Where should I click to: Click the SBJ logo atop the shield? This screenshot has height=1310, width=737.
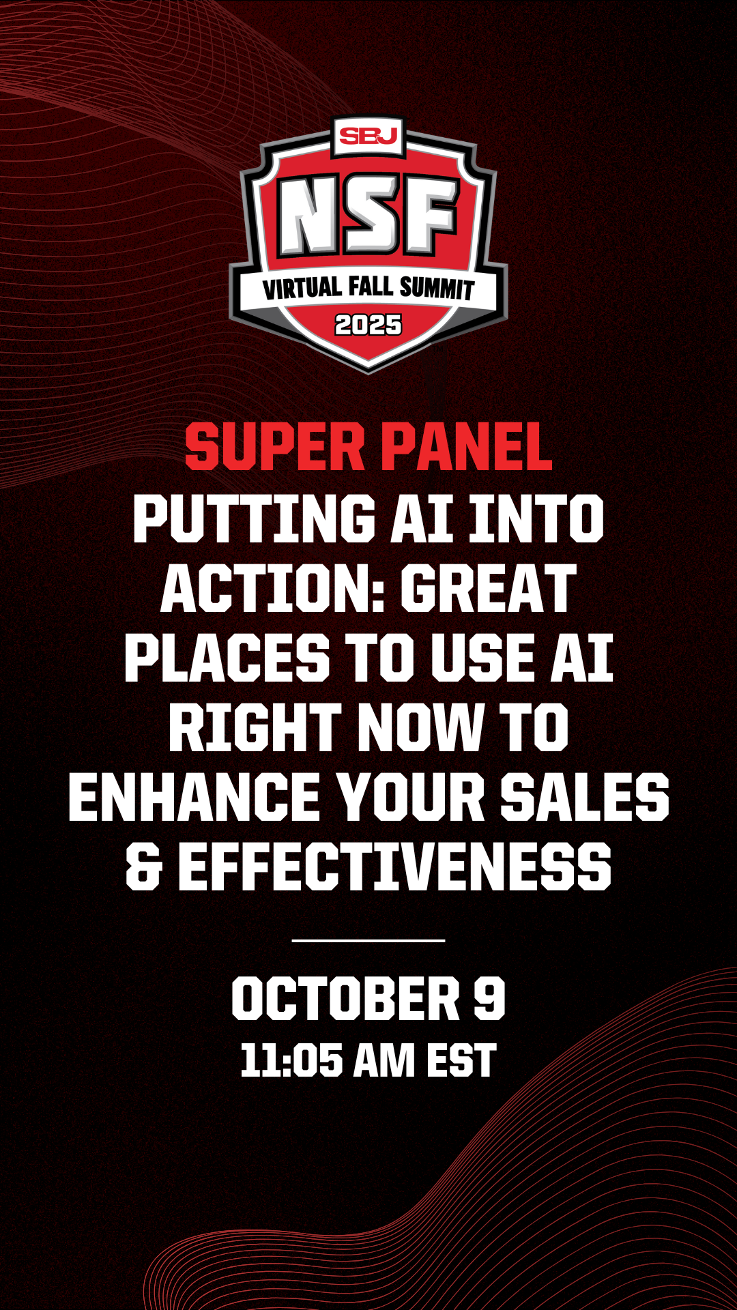[x=369, y=136]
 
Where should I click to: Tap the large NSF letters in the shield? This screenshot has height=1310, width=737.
[x=369, y=216]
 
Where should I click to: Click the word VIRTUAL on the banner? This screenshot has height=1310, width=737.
[x=302, y=288]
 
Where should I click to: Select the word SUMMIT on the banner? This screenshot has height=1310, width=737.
[x=437, y=288]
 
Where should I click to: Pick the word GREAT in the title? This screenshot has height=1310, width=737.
[x=489, y=589]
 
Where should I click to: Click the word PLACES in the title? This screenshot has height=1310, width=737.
[x=227, y=658]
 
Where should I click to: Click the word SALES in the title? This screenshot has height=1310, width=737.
[x=585, y=798]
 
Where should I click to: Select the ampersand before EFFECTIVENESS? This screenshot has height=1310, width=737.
[x=143, y=867]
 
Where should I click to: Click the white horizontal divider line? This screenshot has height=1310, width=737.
[x=369, y=940]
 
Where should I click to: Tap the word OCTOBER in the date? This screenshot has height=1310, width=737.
[x=346, y=998]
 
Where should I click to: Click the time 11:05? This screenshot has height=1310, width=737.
[x=291, y=1061]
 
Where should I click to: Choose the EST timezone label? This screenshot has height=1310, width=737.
[x=461, y=1061]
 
